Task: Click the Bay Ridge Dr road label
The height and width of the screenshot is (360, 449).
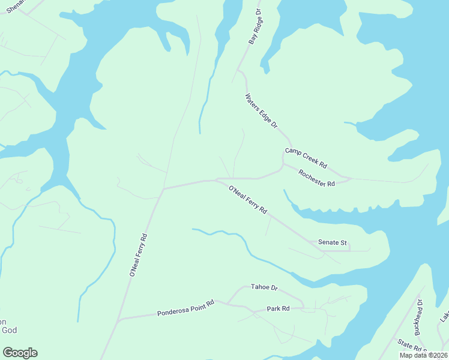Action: pos(256,27)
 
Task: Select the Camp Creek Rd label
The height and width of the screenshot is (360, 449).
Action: pos(306,157)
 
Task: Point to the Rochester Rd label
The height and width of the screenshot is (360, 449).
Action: pos(316,179)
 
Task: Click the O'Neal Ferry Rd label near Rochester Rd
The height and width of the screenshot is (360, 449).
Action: pos(247,201)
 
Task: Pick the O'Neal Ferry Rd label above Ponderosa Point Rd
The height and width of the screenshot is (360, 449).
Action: pos(138,254)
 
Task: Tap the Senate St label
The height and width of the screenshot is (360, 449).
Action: pos(333,242)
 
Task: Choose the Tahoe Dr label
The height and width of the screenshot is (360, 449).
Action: pos(265,288)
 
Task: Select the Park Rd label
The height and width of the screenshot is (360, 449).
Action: pos(278,308)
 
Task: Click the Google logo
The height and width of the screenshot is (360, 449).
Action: pos(20,353)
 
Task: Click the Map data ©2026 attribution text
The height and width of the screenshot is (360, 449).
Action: pos(423,355)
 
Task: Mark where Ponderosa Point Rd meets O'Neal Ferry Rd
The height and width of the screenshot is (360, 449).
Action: pos(118,319)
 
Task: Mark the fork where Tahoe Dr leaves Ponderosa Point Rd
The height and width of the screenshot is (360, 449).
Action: pos(228,302)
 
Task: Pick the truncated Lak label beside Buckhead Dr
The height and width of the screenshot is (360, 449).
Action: pos(445,316)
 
